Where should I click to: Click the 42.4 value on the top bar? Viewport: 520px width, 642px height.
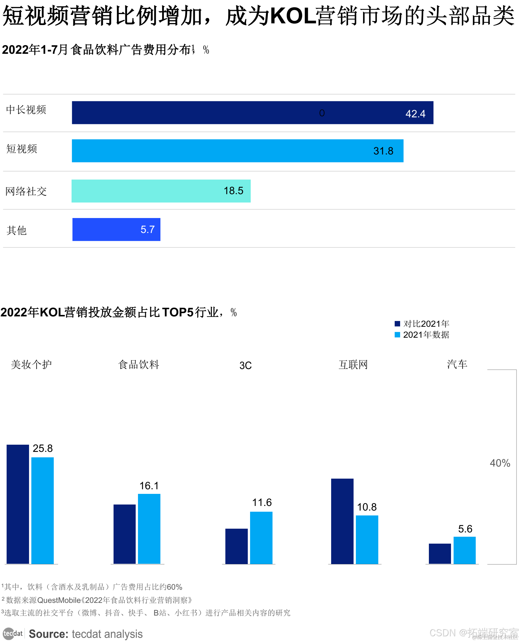(415, 114)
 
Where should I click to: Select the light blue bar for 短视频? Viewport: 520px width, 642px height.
(237, 151)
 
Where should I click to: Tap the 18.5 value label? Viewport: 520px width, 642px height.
(233, 191)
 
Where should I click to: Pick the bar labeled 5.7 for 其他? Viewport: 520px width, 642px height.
(116, 229)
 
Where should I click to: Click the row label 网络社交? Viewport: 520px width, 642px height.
(26, 191)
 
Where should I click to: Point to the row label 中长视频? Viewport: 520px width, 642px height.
(26, 110)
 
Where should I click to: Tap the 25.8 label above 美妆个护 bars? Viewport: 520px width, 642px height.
(43, 448)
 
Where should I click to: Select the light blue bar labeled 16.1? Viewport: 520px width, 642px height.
(149, 529)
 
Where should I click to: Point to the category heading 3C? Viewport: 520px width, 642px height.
(245, 365)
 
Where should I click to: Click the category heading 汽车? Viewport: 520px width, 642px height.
(457, 364)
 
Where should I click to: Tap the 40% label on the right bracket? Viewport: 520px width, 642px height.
(500, 463)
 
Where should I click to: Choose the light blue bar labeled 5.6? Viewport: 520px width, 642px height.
(464, 550)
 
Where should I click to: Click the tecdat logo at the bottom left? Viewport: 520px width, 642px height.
(13, 634)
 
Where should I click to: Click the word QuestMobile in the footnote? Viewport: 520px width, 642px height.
(59, 600)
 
